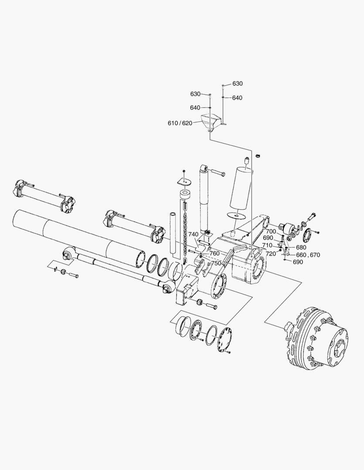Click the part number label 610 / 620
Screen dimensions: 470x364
(x=180, y=123)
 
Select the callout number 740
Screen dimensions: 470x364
(x=194, y=234)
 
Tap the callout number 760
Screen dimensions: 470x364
(x=214, y=253)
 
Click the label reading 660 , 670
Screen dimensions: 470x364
(x=308, y=255)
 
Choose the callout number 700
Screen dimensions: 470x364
(x=271, y=231)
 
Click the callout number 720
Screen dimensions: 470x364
(x=271, y=253)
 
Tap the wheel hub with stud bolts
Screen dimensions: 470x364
(x=316, y=339)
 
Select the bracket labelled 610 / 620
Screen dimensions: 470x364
(x=210, y=122)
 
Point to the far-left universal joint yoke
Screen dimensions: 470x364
(x=20, y=188)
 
